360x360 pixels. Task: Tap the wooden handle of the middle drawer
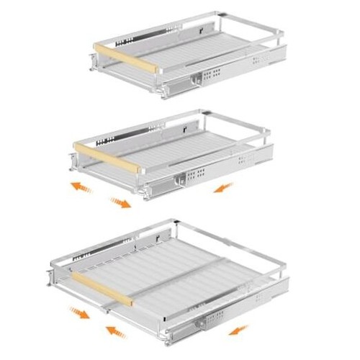tap(106, 157)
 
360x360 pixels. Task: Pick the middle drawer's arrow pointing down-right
tap(120, 202)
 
